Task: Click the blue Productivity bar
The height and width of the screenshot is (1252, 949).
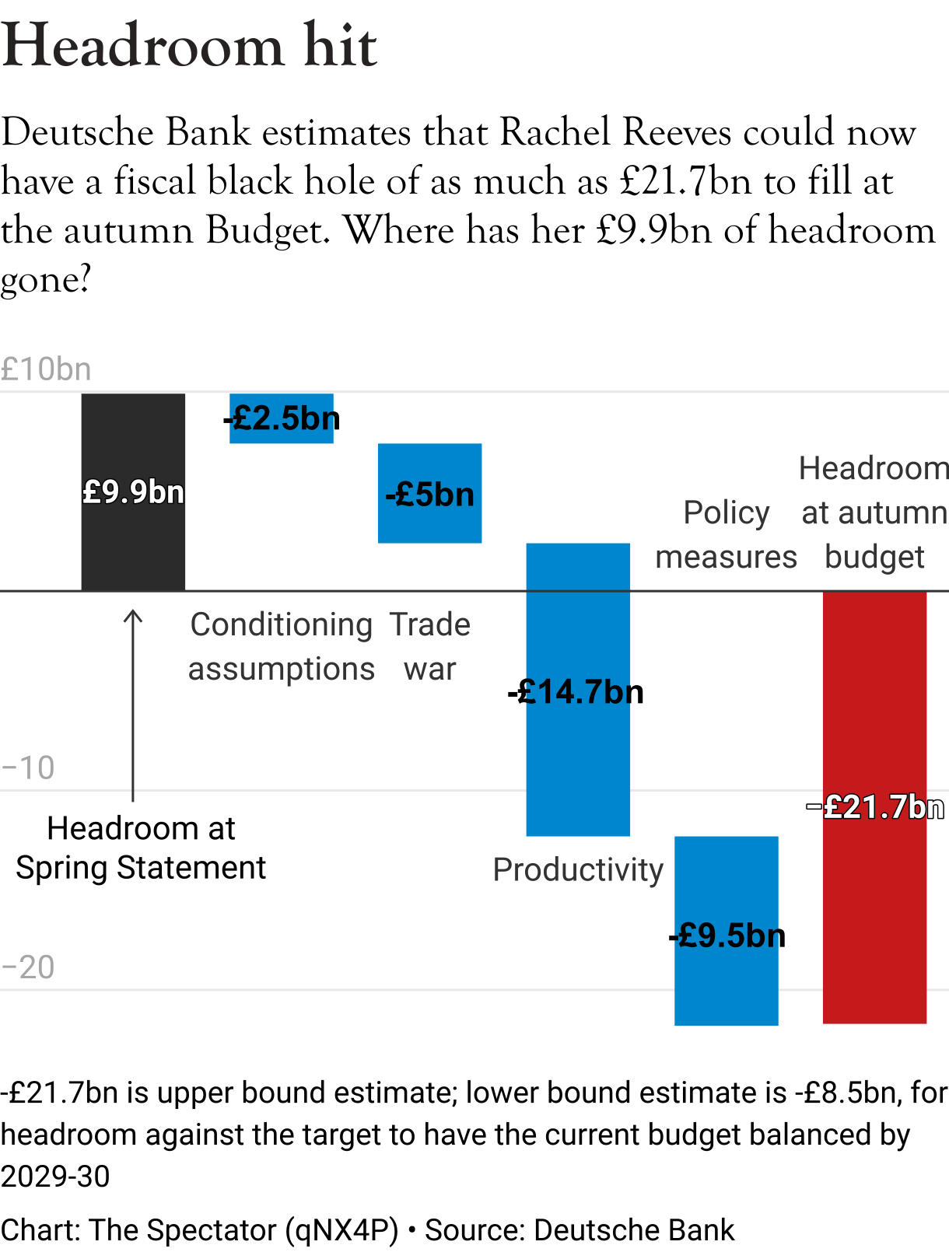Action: (578, 762)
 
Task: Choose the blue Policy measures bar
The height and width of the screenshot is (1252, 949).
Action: (726, 988)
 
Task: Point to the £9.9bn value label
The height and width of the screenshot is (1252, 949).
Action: (133, 492)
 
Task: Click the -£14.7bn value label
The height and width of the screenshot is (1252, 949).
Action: (576, 692)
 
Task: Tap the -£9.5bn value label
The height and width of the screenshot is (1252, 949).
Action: (727, 936)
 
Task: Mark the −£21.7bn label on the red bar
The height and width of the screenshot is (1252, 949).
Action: (874, 807)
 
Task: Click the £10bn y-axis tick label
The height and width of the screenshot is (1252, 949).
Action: (46, 369)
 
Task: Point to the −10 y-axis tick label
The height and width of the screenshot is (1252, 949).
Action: (28, 768)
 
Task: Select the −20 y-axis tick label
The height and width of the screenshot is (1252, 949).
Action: (28, 967)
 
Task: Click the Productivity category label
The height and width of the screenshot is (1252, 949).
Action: (578, 869)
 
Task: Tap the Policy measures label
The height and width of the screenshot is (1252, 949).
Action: (726, 535)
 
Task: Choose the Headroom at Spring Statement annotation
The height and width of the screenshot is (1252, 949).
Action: (141, 848)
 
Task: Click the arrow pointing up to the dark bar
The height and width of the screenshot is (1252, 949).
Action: (133, 704)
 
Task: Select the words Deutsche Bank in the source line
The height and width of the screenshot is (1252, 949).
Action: (633, 1230)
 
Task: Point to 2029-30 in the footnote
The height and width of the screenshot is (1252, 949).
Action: (55, 1177)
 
